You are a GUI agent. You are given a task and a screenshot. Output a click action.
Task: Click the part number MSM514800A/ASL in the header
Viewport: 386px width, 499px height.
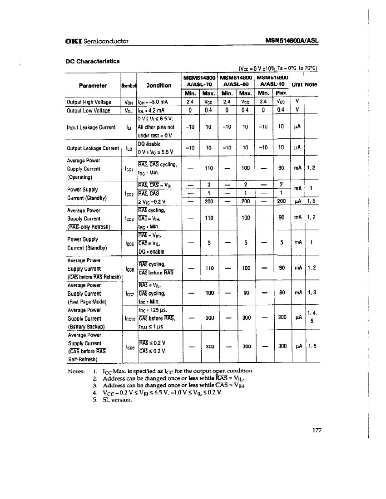(x=292, y=41)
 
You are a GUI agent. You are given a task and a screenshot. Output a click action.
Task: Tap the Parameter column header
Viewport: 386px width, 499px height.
(x=93, y=85)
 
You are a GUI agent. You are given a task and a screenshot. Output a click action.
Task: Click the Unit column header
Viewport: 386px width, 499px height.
(x=297, y=84)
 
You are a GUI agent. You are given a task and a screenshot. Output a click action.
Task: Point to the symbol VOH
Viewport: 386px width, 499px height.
(x=128, y=102)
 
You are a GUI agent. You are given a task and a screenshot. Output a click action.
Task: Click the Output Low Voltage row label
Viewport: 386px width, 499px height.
(x=89, y=110)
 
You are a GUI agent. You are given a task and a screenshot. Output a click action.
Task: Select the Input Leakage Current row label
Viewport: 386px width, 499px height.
(x=91, y=127)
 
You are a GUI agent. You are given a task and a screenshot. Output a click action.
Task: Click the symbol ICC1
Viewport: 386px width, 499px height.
(x=128, y=169)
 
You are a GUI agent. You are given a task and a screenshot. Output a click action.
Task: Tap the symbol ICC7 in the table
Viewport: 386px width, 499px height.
(x=128, y=294)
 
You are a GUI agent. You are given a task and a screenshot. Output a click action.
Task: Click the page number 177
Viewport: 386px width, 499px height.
(x=317, y=431)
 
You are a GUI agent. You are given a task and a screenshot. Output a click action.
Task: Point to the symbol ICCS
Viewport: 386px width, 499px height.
(x=129, y=347)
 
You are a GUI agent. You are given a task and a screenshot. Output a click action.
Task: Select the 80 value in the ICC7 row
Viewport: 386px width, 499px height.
(x=282, y=293)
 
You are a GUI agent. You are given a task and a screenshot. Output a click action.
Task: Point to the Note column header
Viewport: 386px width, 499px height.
(x=311, y=84)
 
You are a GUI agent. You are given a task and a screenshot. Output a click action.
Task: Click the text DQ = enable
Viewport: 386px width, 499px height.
(x=151, y=252)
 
